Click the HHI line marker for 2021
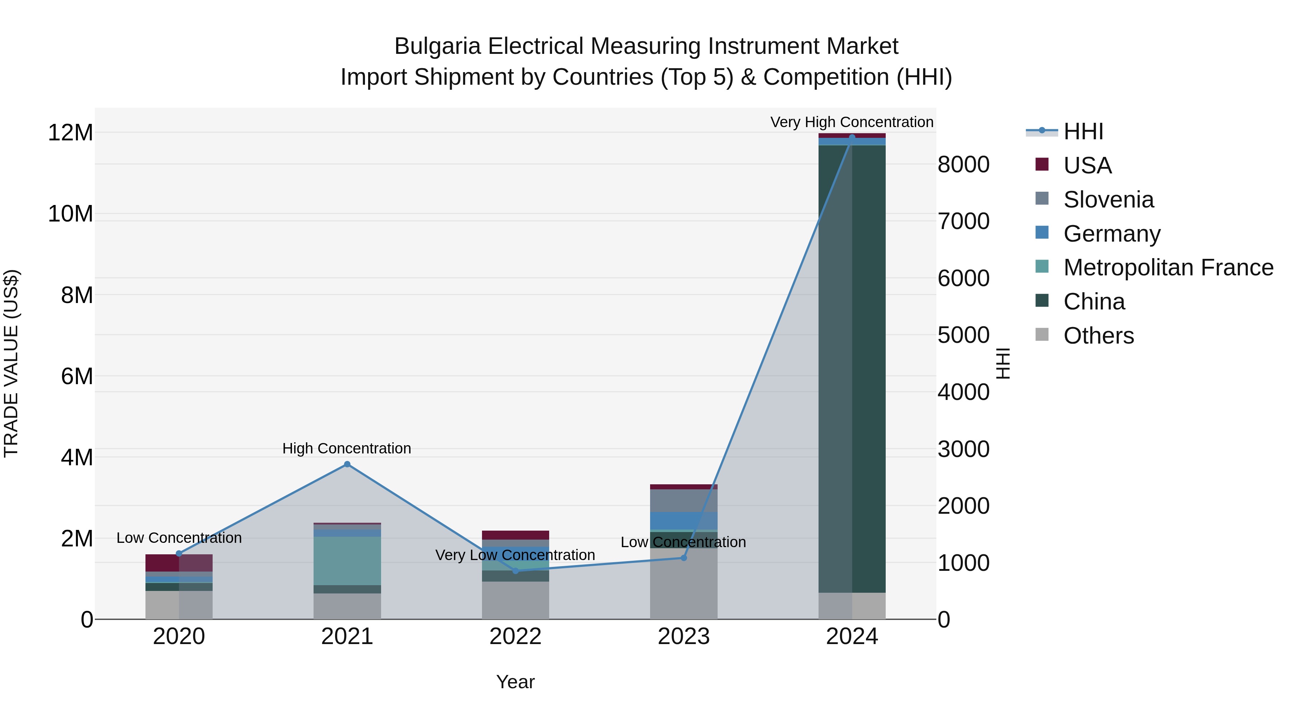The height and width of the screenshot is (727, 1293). (x=347, y=464)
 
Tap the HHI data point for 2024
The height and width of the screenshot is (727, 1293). (x=852, y=138)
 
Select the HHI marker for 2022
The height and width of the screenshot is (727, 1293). (x=515, y=570)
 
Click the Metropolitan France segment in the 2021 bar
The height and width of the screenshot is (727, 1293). (x=347, y=560)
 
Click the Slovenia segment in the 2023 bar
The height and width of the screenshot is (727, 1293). (x=683, y=500)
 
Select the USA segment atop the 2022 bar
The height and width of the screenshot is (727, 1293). (x=515, y=535)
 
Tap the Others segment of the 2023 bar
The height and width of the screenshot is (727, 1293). (x=683, y=584)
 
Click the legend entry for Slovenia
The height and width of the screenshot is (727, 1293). (x=1108, y=200)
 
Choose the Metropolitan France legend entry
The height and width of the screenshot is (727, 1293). (x=1168, y=267)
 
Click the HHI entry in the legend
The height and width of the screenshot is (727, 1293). (x=1083, y=131)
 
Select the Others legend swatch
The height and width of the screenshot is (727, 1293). (x=1042, y=335)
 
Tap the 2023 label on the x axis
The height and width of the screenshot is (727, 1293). (x=683, y=637)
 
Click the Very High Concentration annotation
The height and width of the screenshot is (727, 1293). (x=852, y=122)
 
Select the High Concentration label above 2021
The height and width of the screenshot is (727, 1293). (x=347, y=448)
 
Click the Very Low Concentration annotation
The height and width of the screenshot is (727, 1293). (x=515, y=555)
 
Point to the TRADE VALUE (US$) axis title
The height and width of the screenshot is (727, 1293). (x=11, y=363)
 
